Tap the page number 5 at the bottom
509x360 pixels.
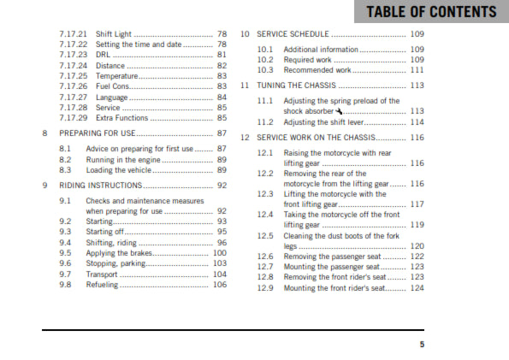coord(421,345)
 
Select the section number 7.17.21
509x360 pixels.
coord(74,32)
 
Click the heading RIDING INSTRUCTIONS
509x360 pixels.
coord(100,184)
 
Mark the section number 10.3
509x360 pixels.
coord(265,70)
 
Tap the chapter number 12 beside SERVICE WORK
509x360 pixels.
coord(245,137)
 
